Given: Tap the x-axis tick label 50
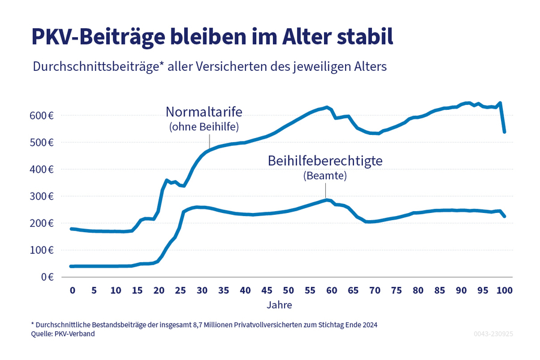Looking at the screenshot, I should click(289, 290).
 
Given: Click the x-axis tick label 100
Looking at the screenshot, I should click(505, 290).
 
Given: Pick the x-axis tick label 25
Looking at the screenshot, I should click(180, 290).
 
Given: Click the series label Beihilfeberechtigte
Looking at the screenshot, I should click(325, 161).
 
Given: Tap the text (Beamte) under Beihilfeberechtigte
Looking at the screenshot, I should click(325, 176).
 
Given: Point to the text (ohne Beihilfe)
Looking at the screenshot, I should click(203, 127).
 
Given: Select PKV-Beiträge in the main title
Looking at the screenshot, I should click(92, 37).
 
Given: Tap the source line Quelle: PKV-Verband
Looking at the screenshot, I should click(64, 334).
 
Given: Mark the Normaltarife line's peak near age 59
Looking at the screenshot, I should click(326, 107).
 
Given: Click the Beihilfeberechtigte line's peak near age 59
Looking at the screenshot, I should click(326, 199).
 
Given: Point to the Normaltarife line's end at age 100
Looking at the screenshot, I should click(505, 131).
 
